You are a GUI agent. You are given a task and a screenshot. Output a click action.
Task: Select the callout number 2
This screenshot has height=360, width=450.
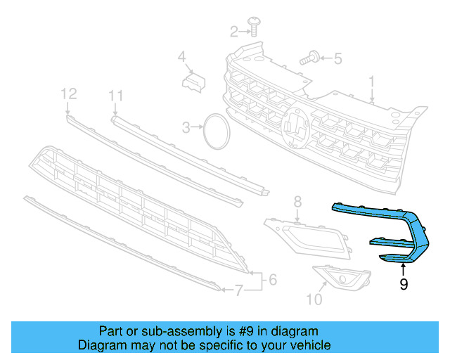pos(234,31)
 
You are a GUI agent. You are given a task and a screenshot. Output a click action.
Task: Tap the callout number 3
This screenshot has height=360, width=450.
pos(186,128)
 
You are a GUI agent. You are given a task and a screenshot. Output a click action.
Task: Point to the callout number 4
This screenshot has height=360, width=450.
pos(181,56)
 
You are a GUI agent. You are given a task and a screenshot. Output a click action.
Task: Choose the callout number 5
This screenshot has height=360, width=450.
pos(337,58)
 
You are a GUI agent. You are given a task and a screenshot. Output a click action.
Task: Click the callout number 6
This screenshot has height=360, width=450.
pos(272,280)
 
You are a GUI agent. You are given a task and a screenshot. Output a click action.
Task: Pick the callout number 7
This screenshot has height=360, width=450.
pos(239,290)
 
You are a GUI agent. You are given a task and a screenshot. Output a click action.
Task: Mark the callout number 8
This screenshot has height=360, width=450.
pos(297,202)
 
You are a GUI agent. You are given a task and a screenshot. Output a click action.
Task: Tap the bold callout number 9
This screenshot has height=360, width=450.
pos(403,284)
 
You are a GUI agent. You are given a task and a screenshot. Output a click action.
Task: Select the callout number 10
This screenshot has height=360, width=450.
pos(314,300)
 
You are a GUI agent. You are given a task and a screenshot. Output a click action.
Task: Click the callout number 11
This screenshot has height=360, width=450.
pos(116,95)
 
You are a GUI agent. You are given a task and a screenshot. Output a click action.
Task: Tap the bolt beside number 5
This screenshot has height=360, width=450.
pos(310,59)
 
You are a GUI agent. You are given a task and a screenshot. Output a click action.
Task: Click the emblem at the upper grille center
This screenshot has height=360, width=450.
pos(295,128)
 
